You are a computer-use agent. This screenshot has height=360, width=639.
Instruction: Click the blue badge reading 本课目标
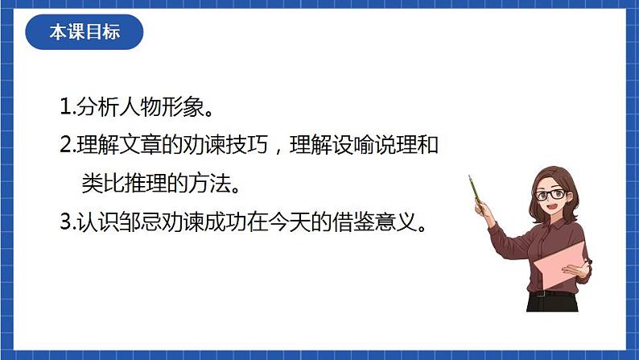click(85, 33)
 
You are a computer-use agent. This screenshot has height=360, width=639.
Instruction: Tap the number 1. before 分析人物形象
click(68, 106)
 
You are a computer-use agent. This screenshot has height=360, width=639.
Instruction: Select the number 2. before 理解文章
click(68, 146)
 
